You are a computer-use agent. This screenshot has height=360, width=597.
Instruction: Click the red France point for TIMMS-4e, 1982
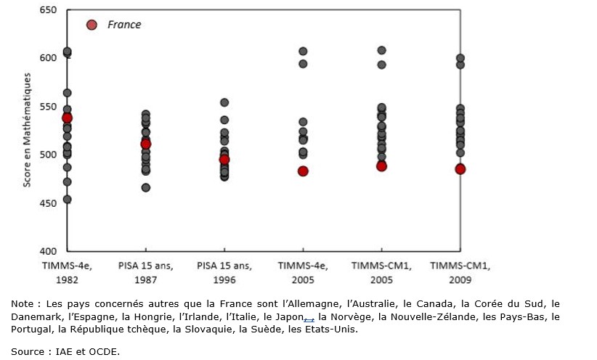coord(68,118)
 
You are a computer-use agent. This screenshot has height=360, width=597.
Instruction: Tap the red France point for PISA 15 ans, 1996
coord(224,160)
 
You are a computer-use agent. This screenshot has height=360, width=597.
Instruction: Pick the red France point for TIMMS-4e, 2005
coord(303,171)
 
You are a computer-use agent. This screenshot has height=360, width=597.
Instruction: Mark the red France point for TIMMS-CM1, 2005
coord(381,166)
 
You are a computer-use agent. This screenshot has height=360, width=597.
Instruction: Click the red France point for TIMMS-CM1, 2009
coord(460,169)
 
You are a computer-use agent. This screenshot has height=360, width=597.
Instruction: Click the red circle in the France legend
coord(92,25)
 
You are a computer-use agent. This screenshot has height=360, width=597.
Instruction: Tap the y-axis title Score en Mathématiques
coord(26,131)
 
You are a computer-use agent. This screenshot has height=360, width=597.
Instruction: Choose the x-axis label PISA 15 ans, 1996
coord(224,271)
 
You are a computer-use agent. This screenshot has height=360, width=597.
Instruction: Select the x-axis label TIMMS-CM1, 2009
coord(460,271)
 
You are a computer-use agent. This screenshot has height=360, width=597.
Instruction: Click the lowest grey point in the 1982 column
coord(68,200)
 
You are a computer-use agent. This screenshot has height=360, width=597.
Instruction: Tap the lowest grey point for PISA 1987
coord(146,188)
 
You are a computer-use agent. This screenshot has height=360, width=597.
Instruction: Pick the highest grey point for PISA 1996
coord(224,102)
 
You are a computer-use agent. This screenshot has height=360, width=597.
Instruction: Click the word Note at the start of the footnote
coord(23,303)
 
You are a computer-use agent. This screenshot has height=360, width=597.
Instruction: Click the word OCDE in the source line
coord(105,352)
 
